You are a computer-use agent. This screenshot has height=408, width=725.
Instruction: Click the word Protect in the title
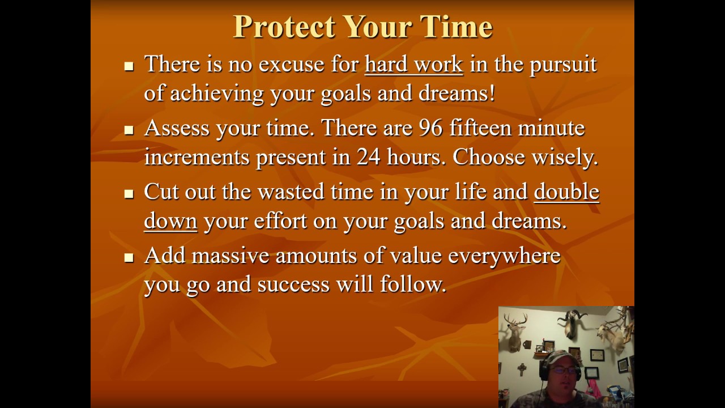[283, 27]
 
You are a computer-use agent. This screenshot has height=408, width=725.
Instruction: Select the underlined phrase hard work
[413, 65]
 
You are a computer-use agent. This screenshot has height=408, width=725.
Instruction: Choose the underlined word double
[566, 192]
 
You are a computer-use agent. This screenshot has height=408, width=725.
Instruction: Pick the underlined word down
[170, 221]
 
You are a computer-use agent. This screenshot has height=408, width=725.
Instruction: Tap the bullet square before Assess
[129, 130]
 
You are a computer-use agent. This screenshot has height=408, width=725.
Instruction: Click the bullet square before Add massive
[129, 257]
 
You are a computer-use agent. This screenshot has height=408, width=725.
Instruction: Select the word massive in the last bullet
[230, 256]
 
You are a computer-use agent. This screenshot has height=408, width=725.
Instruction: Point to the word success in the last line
[293, 284]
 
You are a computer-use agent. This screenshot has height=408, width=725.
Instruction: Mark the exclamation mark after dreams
[491, 93]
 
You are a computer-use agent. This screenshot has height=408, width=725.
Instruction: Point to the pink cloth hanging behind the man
[595, 390]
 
